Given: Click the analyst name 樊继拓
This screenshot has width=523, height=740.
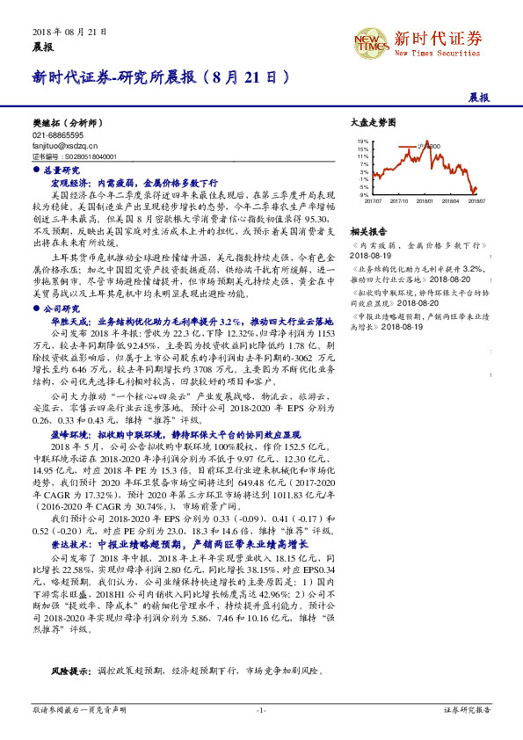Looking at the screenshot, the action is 43,127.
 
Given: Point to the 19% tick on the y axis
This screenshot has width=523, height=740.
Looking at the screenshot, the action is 363,141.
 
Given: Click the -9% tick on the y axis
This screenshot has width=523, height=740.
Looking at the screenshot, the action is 364,195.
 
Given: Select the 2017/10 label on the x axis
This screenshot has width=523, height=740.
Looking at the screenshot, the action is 398,201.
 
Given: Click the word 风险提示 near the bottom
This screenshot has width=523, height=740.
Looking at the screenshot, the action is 69,670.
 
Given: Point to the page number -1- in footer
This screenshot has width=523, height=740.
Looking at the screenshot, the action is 261,708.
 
